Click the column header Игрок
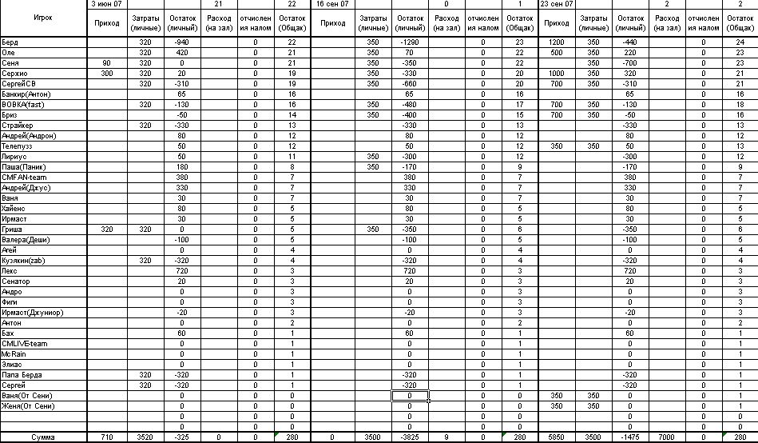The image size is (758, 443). tap(44, 17)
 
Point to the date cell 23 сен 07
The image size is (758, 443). tap(557, 4)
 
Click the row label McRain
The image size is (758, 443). tap(15, 354)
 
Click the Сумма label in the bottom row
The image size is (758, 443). tap(44, 437)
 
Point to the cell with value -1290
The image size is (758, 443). tap(410, 41)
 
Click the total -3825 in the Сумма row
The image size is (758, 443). tap(410, 437)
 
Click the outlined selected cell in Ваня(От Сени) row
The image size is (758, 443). tap(410, 396)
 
